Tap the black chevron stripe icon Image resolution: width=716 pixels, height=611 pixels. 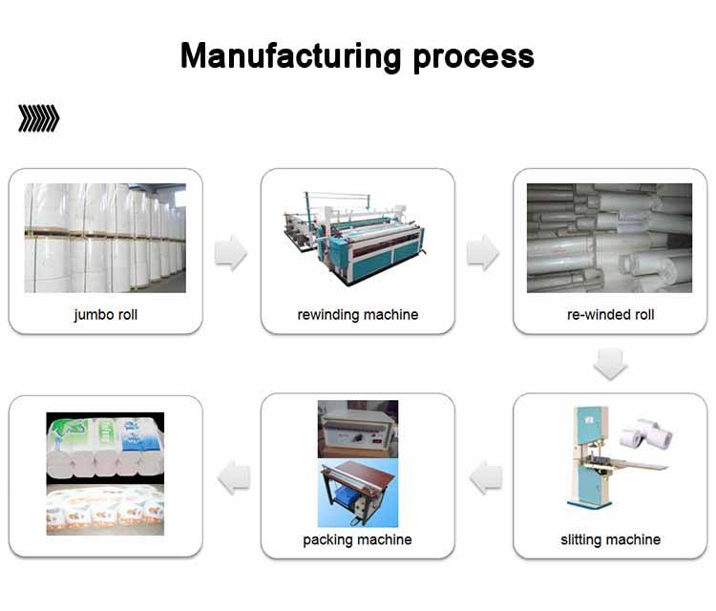38,118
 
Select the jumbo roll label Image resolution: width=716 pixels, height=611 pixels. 105,314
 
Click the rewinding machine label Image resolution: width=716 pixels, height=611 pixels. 357,314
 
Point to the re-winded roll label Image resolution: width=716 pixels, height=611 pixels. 610,314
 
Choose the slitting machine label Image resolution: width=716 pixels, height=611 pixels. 610,539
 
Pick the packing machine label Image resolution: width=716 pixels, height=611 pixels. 357,539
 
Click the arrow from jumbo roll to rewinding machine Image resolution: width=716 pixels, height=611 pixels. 231,253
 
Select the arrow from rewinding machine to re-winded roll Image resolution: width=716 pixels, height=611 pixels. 483,253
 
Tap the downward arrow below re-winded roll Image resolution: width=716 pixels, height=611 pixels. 610,363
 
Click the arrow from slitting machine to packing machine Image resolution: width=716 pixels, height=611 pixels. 486,475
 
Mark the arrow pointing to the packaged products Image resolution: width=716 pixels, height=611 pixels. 234,475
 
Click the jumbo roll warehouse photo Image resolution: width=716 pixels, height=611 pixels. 105,238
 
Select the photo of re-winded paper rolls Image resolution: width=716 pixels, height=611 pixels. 610,238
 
